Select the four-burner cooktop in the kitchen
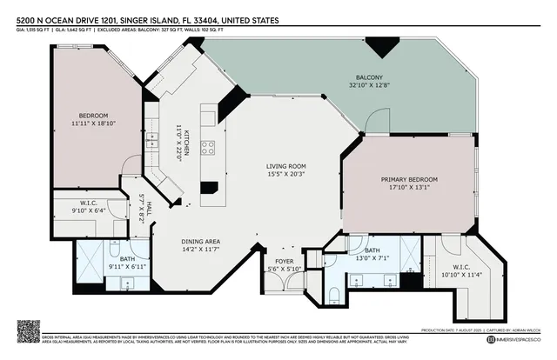click(208, 147)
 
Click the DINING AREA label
click(201, 242)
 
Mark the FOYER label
click(285, 260)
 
